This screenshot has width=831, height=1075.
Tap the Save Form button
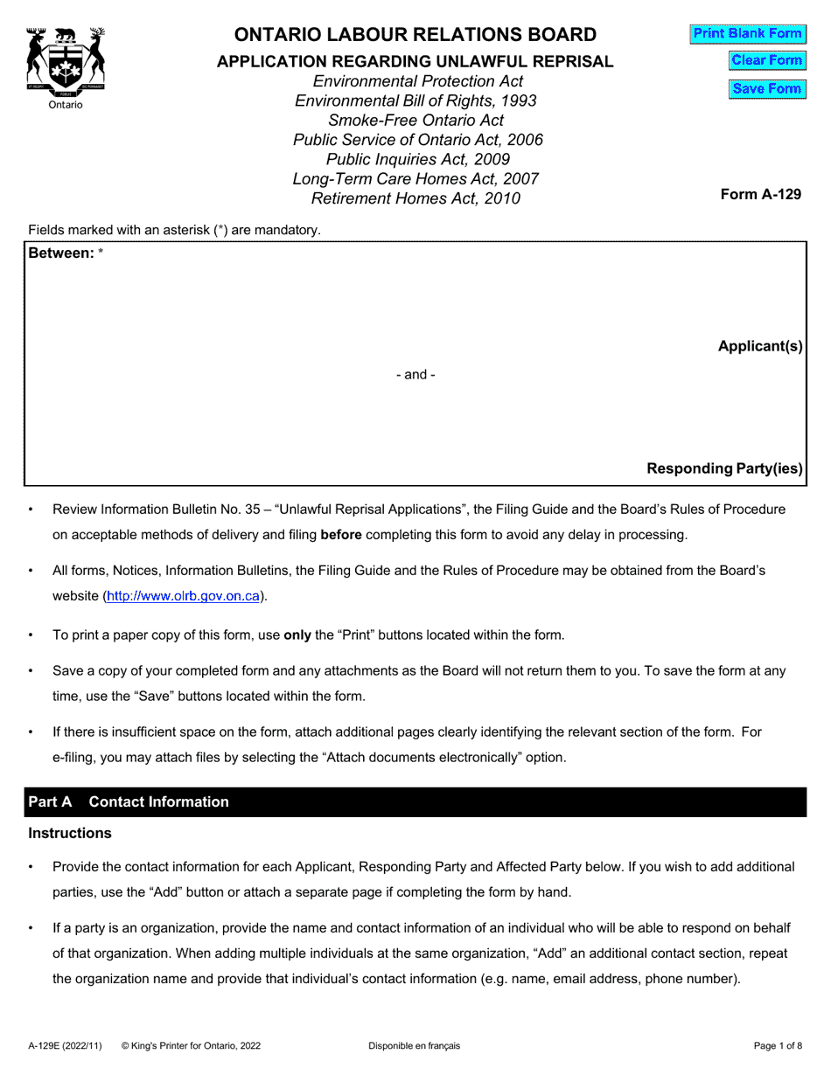766,88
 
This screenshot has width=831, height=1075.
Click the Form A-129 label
760,194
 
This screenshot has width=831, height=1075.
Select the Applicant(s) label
759,346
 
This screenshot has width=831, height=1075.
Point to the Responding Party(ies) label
724,468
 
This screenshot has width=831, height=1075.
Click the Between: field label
61,253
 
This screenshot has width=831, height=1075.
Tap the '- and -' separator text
415,374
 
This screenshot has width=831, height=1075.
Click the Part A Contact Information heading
129,801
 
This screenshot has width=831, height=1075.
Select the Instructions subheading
70,833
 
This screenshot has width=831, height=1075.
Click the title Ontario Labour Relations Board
415,35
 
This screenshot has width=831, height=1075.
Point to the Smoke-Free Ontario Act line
415,121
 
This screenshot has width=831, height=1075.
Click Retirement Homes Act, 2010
415,198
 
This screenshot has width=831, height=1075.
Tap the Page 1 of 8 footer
778,1045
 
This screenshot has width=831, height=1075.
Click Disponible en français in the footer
414,1045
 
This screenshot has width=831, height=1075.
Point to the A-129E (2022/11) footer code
65,1045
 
